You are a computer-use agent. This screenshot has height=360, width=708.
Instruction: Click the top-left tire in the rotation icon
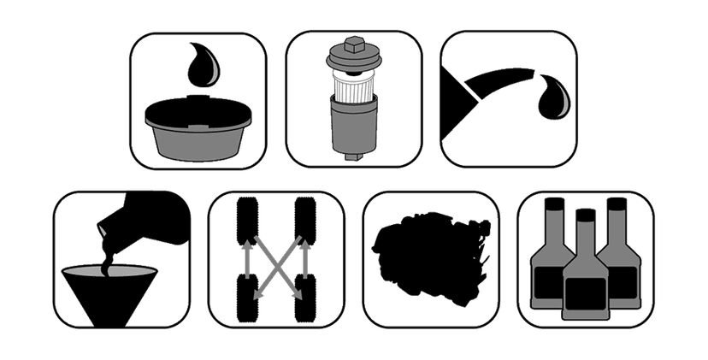248,220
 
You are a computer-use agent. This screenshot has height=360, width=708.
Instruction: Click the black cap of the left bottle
552,204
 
